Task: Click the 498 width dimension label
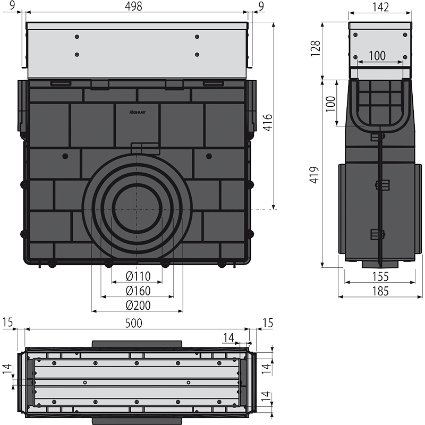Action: click(134, 6)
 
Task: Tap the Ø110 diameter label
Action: click(138, 276)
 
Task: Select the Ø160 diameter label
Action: click(138, 291)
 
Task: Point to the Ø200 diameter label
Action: click(138, 305)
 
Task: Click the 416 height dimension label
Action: click(268, 123)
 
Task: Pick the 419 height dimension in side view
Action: click(314, 175)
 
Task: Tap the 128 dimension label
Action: click(316, 48)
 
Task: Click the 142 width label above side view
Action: click(380, 7)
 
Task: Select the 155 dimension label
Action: click(380, 277)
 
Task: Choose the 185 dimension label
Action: click(380, 291)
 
